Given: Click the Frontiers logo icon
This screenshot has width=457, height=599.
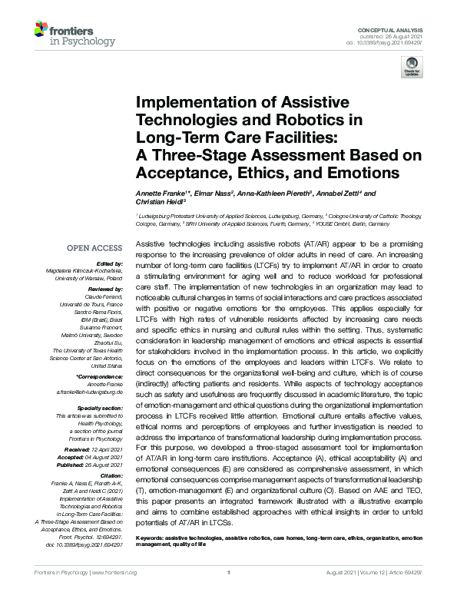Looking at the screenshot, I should (x=41, y=31).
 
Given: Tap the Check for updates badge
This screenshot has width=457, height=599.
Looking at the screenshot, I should (x=412, y=68).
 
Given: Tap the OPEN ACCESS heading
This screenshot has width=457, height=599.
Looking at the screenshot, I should (x=95, y=248).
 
